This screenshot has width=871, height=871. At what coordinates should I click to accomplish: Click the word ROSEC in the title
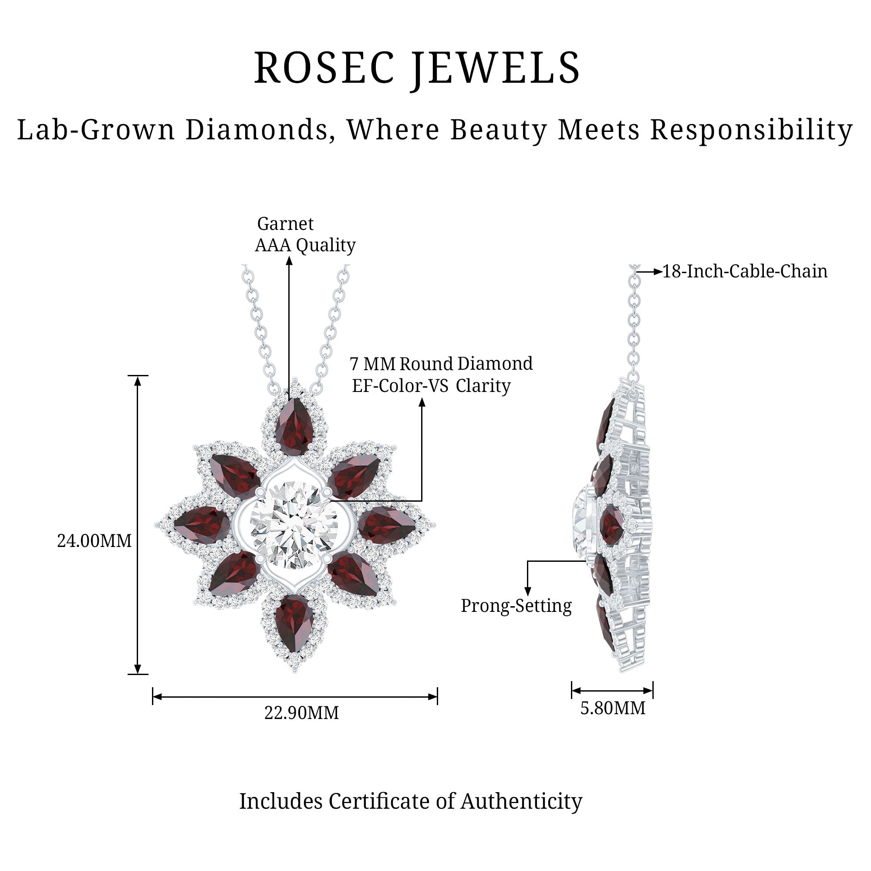click(x=324, y=68)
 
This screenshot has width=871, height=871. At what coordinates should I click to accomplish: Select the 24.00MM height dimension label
click(x=94, y=541)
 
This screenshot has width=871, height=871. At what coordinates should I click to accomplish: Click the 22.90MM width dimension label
click(x=301, y=713)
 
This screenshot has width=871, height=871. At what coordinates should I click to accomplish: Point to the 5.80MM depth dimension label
click(x=612, y=708)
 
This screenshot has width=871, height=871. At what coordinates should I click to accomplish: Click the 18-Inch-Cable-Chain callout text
click(x=744, y=271)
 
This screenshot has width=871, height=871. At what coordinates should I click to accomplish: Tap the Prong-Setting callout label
click(x=516, y=606)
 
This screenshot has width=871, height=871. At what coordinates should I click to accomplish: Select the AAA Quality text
click(x=305, y=245)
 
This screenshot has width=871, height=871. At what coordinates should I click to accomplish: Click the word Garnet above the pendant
click(x=285, y=223)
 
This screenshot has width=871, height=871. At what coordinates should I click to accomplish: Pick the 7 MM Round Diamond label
click(x=441, y=364)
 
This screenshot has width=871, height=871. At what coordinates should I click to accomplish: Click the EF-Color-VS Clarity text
click(x=431, y=386)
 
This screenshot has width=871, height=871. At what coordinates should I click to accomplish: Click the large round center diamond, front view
click(x=294, y=525)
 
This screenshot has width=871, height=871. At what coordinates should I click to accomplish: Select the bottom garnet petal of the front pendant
click(x=294, y=623)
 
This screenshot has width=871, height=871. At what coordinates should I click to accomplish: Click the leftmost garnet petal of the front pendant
click(x=202, y=524)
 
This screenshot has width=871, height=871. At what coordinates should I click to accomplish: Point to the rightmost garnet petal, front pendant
click(x=386, y=524)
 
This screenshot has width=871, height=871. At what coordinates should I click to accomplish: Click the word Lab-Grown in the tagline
click(x=95, y=130)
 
